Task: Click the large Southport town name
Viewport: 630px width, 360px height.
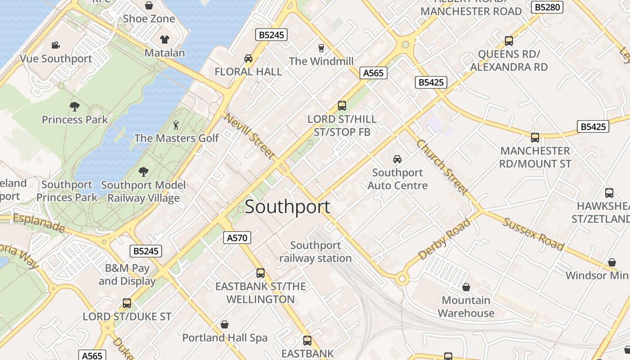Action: [288, 207]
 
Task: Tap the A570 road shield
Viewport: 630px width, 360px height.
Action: [237, 238]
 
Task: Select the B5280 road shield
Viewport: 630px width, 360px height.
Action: [547, 7]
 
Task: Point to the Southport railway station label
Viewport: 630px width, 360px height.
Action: [315, 252]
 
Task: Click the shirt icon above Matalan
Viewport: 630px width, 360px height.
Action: [165, 40]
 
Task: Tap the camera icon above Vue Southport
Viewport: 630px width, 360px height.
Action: [56, 45]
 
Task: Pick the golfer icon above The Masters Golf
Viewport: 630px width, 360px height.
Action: [176, 125]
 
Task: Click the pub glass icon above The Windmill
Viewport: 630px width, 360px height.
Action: [321, 48]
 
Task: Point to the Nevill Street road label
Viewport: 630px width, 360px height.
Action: [250, 136]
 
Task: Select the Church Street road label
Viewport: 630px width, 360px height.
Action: [442, 166]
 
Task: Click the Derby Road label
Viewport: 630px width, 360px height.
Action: [445, 239]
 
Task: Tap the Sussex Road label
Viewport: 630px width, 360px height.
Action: [533, 234]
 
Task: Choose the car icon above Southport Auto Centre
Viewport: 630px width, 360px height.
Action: [397, 159]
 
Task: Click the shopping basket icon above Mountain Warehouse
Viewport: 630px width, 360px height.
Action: [466, 287]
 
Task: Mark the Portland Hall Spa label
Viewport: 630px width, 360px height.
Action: [225, 337]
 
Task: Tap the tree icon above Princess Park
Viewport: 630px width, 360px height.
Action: [75, 107]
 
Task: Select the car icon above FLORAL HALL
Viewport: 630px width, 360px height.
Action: [248, 58]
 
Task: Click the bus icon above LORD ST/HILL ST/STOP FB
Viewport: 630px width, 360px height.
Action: [342, 106]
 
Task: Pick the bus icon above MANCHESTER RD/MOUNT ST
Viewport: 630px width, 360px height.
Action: [535, 137]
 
